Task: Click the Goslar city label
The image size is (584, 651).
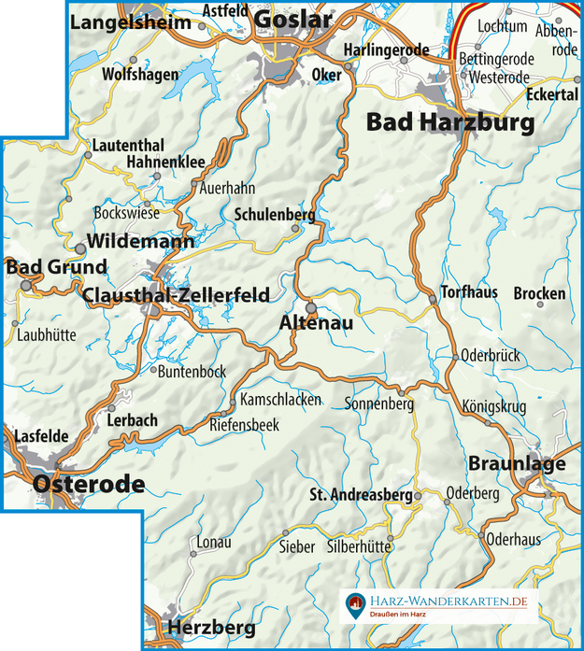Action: (292, 20)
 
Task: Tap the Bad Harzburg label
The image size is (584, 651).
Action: (449, 122)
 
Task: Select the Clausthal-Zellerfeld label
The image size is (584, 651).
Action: (176, 295)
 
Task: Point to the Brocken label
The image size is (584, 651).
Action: (539, 293)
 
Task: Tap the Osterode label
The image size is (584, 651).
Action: (89, 483)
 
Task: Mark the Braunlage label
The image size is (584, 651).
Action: (504, 464)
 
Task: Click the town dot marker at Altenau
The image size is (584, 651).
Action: (311, 305)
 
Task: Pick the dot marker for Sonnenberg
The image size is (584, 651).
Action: (402, 392)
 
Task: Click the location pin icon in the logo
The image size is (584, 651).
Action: (355, 604)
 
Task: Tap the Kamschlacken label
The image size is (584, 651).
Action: (280, 400)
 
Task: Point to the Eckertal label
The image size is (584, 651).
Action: (552, 95)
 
